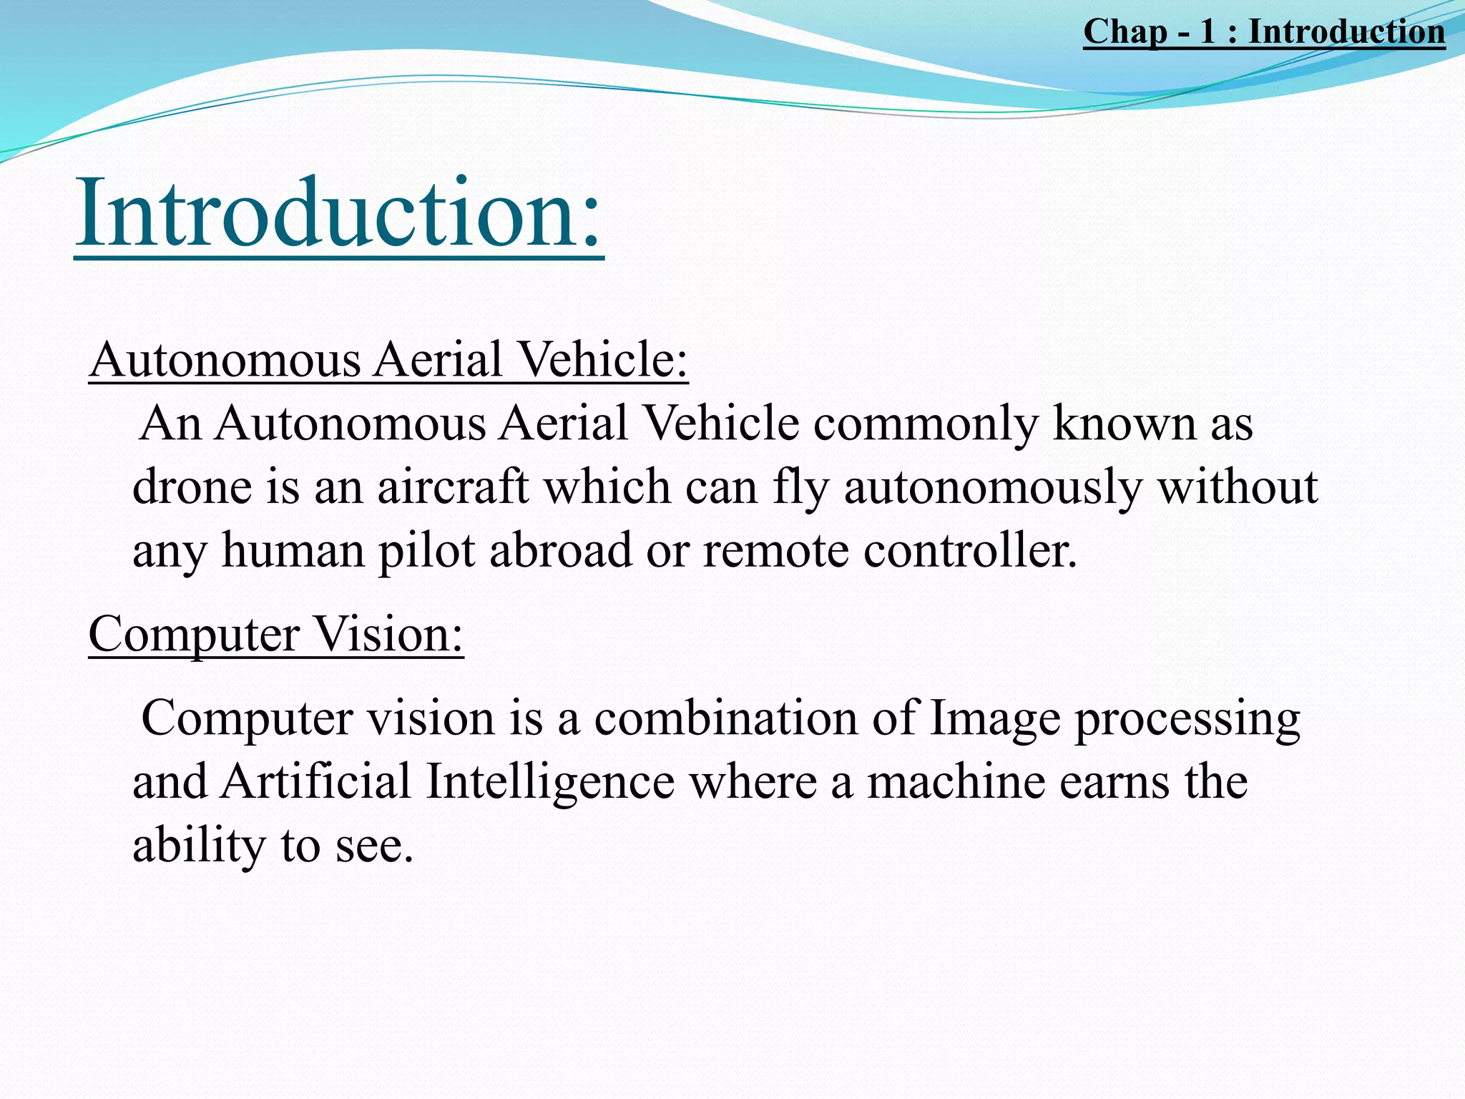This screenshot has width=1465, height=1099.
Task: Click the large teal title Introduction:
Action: pos(339,213)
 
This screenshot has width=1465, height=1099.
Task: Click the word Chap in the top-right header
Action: pos(1125,32)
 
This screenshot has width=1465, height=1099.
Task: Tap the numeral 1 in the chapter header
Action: pos(1207,32)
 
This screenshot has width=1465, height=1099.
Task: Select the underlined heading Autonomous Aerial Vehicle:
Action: pos(388,359)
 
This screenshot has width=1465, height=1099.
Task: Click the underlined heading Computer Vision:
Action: pos(276,634)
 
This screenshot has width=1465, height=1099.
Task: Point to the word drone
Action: pos(192,487)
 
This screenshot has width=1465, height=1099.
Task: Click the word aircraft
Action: pos(453,487)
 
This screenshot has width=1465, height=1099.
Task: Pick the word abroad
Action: pos(561,550)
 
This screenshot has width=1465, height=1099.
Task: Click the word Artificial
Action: pos(315,781)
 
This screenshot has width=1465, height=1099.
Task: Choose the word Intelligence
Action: pos(550,781)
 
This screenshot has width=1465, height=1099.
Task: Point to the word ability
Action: pos(199,844)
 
